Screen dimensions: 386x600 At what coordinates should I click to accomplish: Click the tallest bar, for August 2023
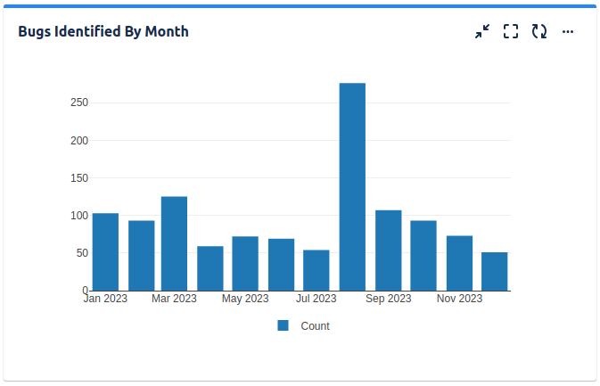(x=352, y=187)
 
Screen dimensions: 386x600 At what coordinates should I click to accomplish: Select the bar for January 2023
(x=105, y=252)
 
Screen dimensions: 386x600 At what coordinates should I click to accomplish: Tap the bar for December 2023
(x=494, y=271)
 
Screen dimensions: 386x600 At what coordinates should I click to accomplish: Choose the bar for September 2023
(x=388, y=250)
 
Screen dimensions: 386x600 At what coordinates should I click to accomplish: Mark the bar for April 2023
(x=210, y=268)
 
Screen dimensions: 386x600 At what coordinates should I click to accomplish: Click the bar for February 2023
(x=141, y=256)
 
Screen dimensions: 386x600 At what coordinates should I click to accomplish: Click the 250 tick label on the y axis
(x=79, y=103)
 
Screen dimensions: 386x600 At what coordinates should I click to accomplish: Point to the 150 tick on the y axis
(x=79, y=178)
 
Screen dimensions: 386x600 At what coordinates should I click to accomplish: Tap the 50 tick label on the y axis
(x=82, y=253)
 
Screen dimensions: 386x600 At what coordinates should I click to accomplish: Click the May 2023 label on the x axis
(x=245, y=299)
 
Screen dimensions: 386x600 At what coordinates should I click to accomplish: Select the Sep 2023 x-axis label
(x=388, y=299)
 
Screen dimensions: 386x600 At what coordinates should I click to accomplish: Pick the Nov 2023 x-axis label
(x=459, y=299)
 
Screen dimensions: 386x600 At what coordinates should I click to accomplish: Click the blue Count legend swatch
(x=284, y=326)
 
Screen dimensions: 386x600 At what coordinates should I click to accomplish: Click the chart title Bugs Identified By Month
(x=103, y=32)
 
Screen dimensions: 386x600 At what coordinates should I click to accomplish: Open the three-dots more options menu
(x=568, y=32)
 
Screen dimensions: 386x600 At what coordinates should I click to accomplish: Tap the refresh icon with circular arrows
(x=539, y=32)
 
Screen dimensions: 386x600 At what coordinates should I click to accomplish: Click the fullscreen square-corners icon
(x=511, y=32)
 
